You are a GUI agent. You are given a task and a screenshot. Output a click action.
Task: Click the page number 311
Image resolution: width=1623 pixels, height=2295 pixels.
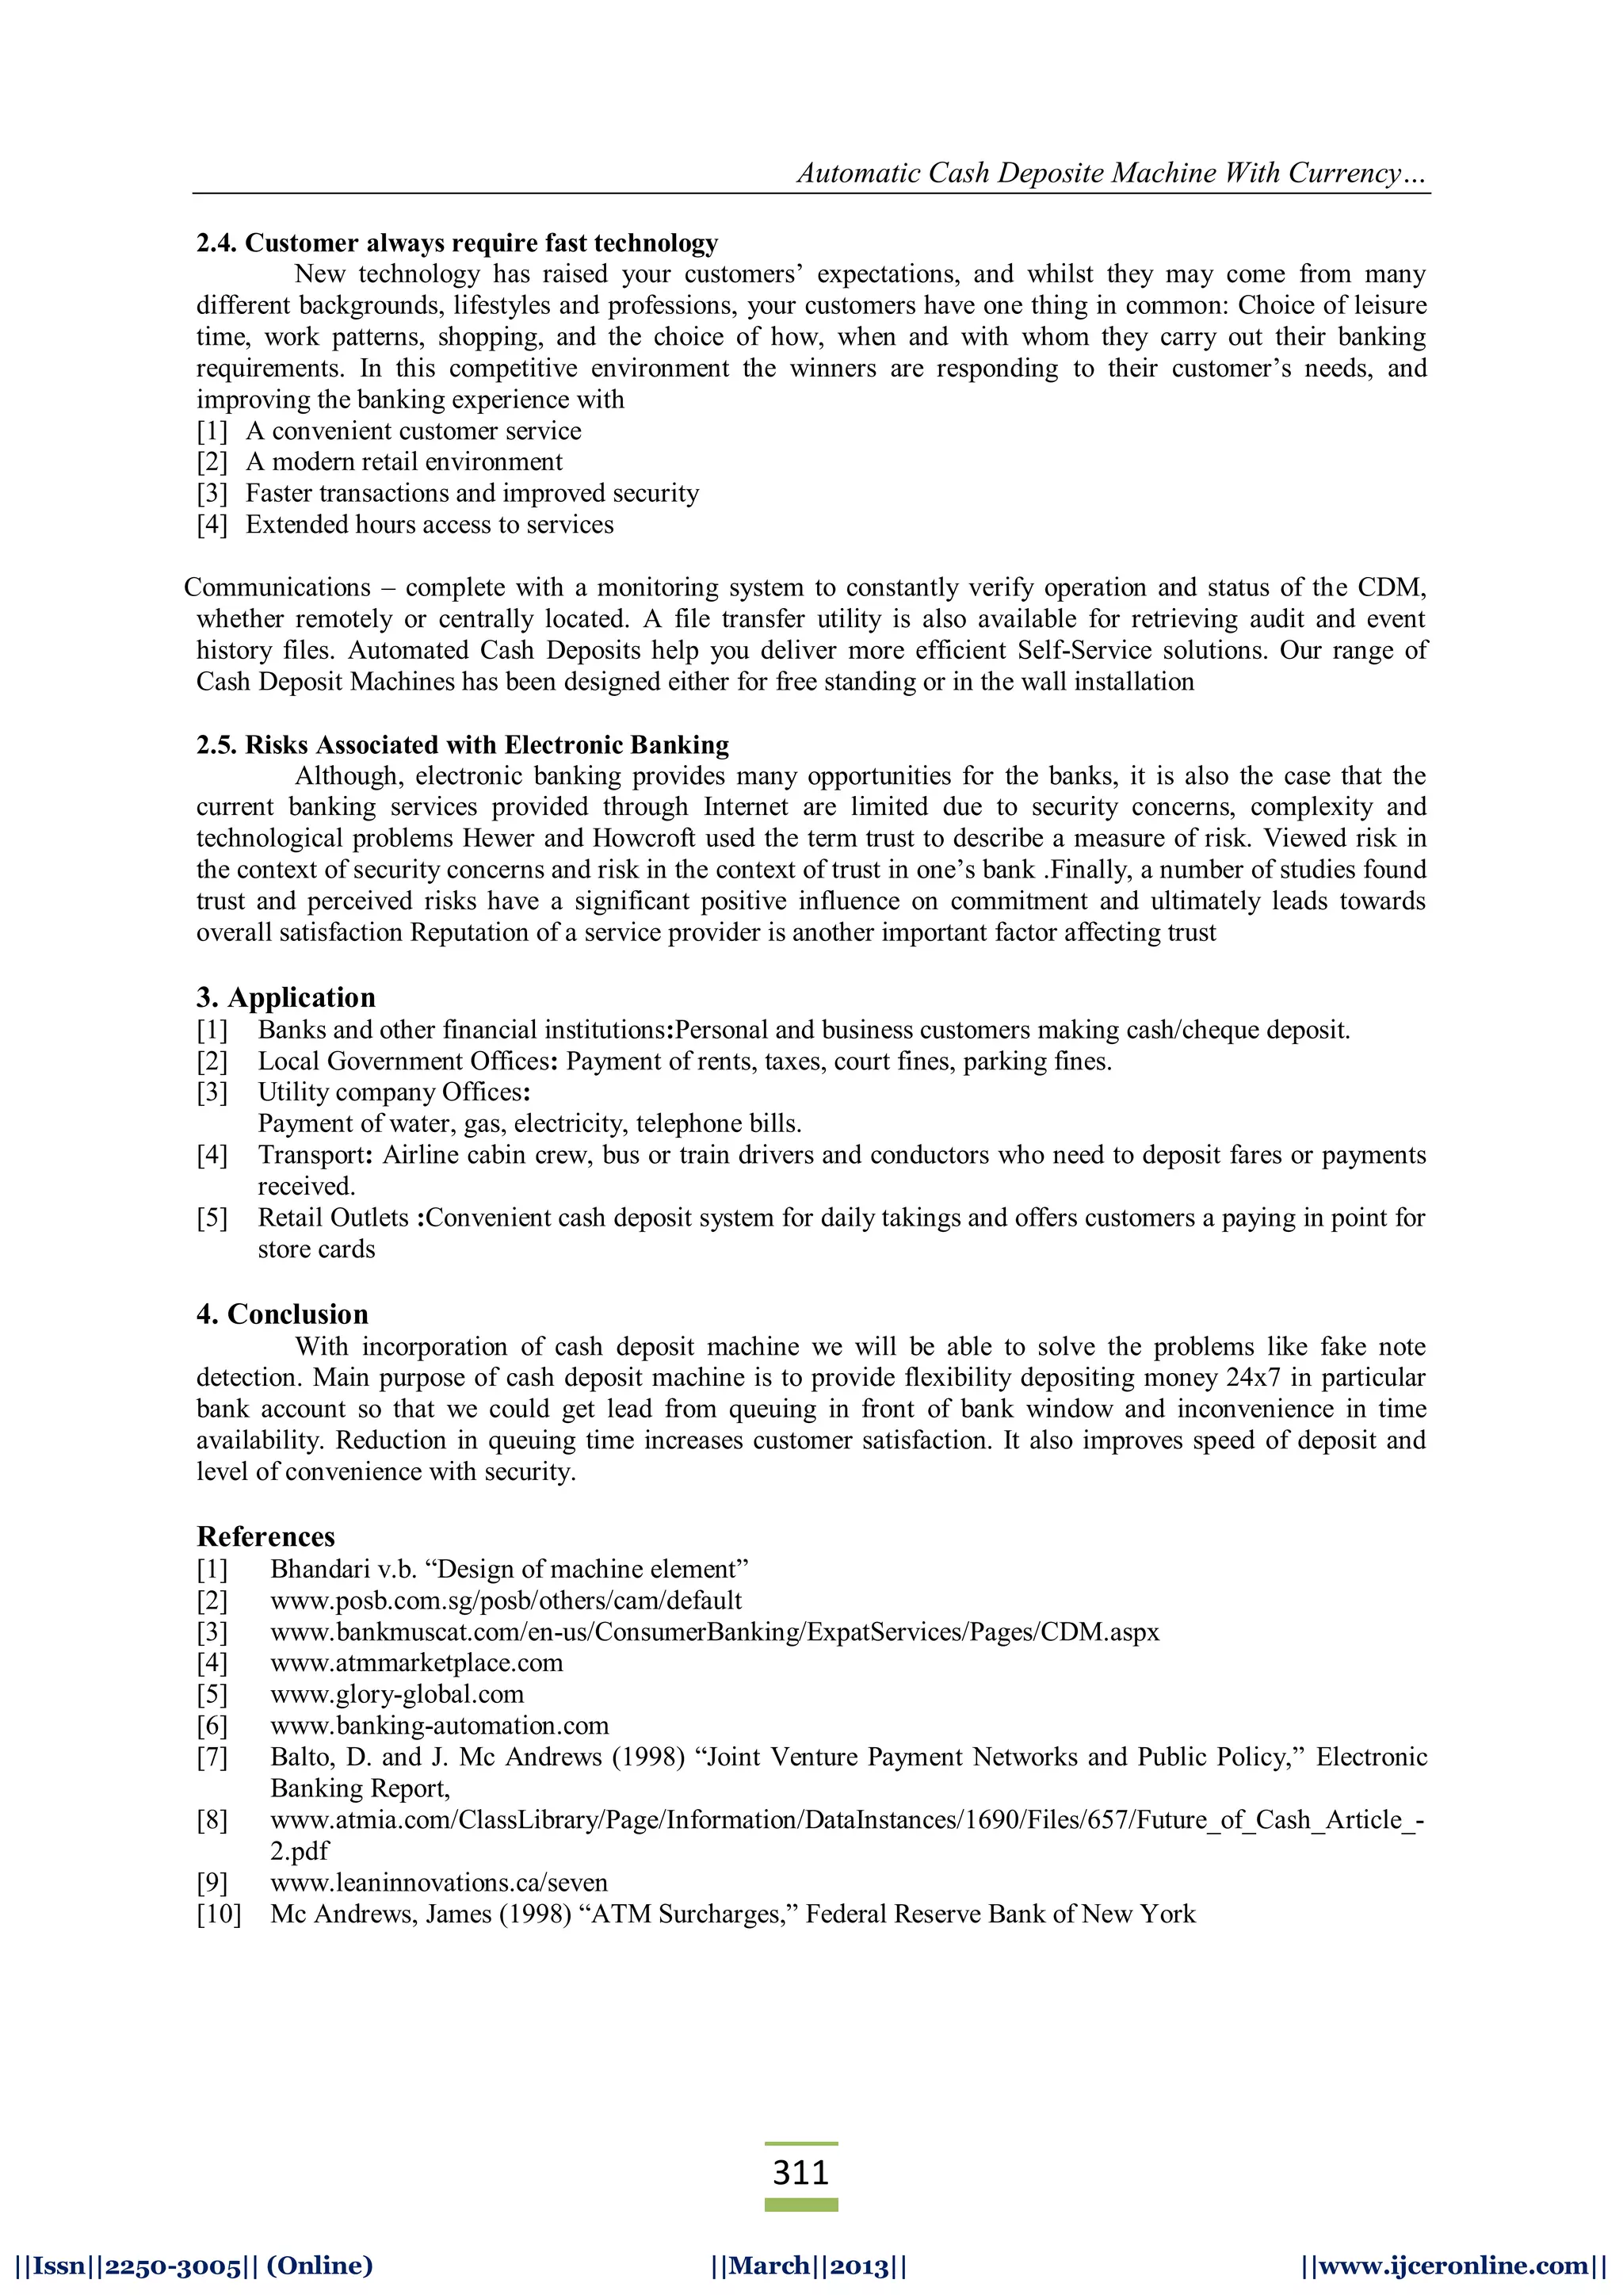coord(800,2172)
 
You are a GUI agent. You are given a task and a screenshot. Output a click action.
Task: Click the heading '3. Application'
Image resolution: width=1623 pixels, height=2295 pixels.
coord(286,997)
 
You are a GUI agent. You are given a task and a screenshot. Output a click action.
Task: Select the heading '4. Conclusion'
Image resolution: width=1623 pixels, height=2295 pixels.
coord(282,1314)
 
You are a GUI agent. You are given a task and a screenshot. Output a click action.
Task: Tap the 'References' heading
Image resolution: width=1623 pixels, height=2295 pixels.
coord(265,1536)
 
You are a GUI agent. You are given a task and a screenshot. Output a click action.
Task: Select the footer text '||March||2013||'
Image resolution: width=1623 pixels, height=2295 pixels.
coord(809,2265)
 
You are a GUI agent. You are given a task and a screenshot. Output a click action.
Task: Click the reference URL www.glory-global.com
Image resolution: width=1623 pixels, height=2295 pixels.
coord(397,1694)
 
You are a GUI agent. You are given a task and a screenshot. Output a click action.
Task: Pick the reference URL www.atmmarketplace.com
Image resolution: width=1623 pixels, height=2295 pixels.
coord(417,1662)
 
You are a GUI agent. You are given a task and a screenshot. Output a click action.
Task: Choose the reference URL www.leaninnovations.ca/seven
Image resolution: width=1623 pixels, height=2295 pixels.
coord(439,1882)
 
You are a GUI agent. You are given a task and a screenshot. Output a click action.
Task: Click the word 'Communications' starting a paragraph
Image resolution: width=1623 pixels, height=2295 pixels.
coord(277,587)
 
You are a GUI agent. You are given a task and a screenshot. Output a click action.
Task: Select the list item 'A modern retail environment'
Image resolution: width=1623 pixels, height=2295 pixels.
coord(403,462)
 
